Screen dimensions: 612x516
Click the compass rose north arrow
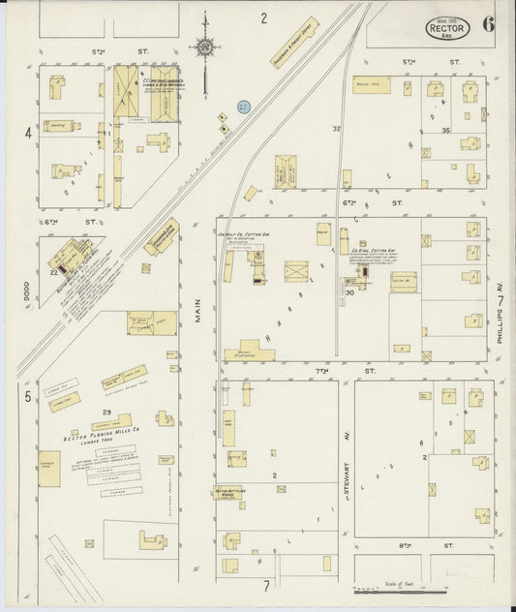pyautogui.click(x=206, y=44)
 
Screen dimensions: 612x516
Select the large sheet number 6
pyautogui.click(x=490, y=24)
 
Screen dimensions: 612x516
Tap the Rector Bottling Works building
pyautogui.click(x=228, y=493)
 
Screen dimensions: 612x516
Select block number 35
pyautogui.click(x=446, y=130)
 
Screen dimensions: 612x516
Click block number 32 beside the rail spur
pyautogui.click(x=336, y=128)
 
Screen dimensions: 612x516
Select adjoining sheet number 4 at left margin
pyautogui.click(x=29, y=132)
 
